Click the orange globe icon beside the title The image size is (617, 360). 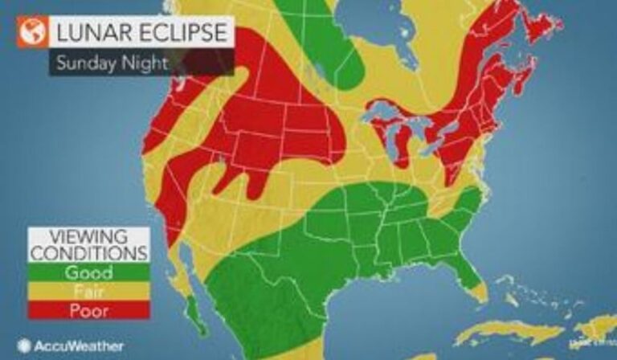click(x=32, y=34)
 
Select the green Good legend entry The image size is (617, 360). click(x=88, y=272)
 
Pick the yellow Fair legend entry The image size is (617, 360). click(x=88, y=291)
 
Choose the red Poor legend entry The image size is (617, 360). click(x=88, y=309)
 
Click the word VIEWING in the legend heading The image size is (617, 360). click(x=88, y=237)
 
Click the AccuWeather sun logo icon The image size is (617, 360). click(x=25, y=346)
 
